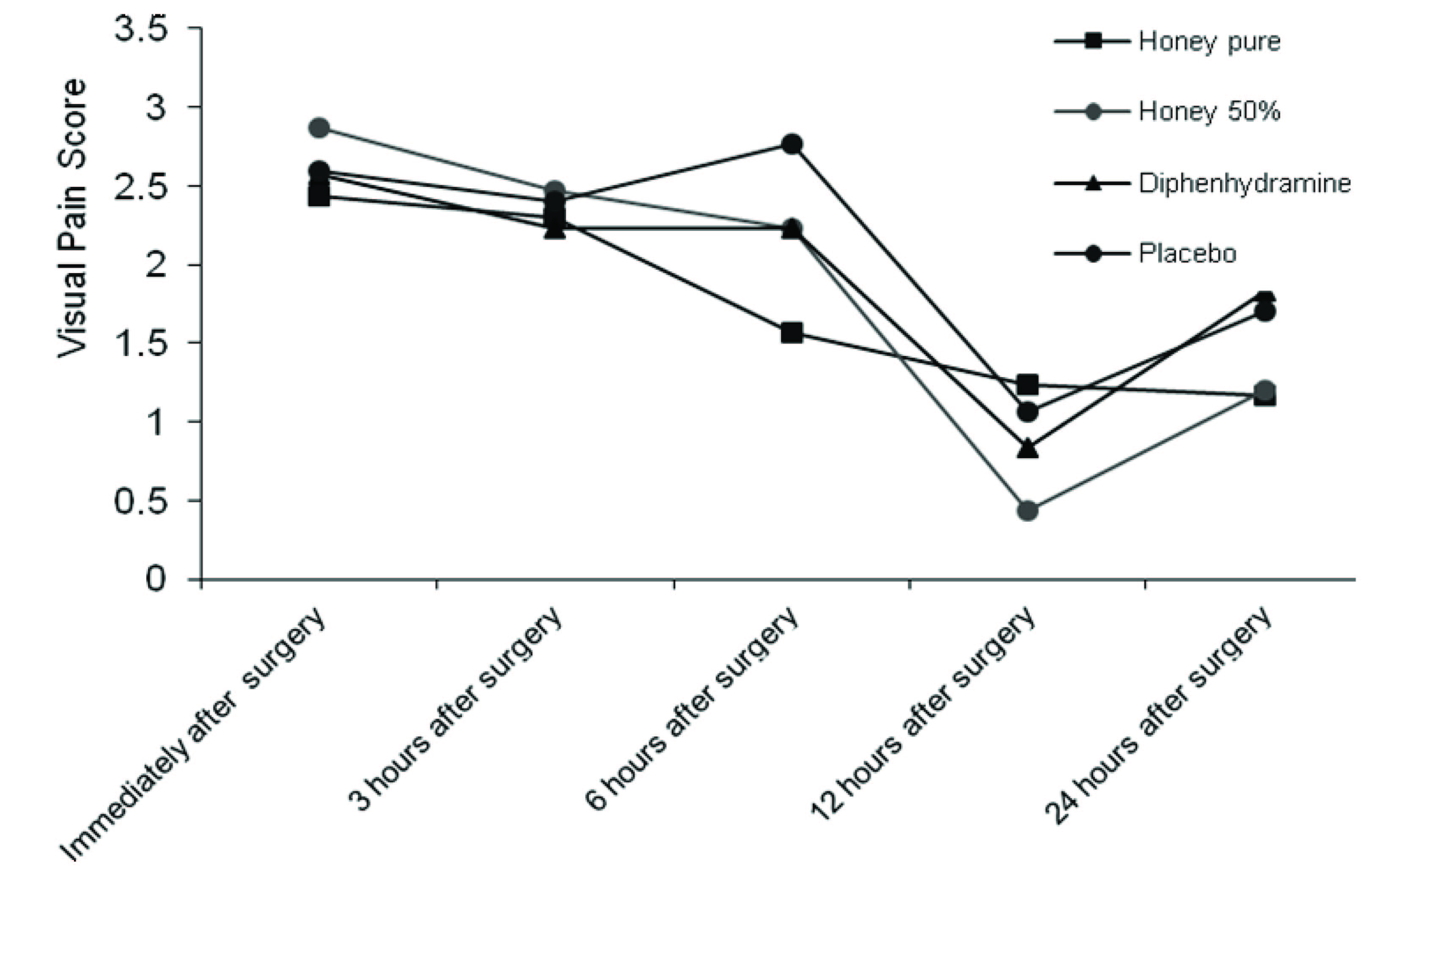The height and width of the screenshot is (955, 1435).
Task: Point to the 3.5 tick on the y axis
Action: point(141,29)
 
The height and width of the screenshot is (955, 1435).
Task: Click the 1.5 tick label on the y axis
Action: point(141,343)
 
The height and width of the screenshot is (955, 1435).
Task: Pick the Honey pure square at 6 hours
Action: point(792,333)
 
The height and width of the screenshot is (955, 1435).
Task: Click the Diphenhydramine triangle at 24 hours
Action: point(1265,298)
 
